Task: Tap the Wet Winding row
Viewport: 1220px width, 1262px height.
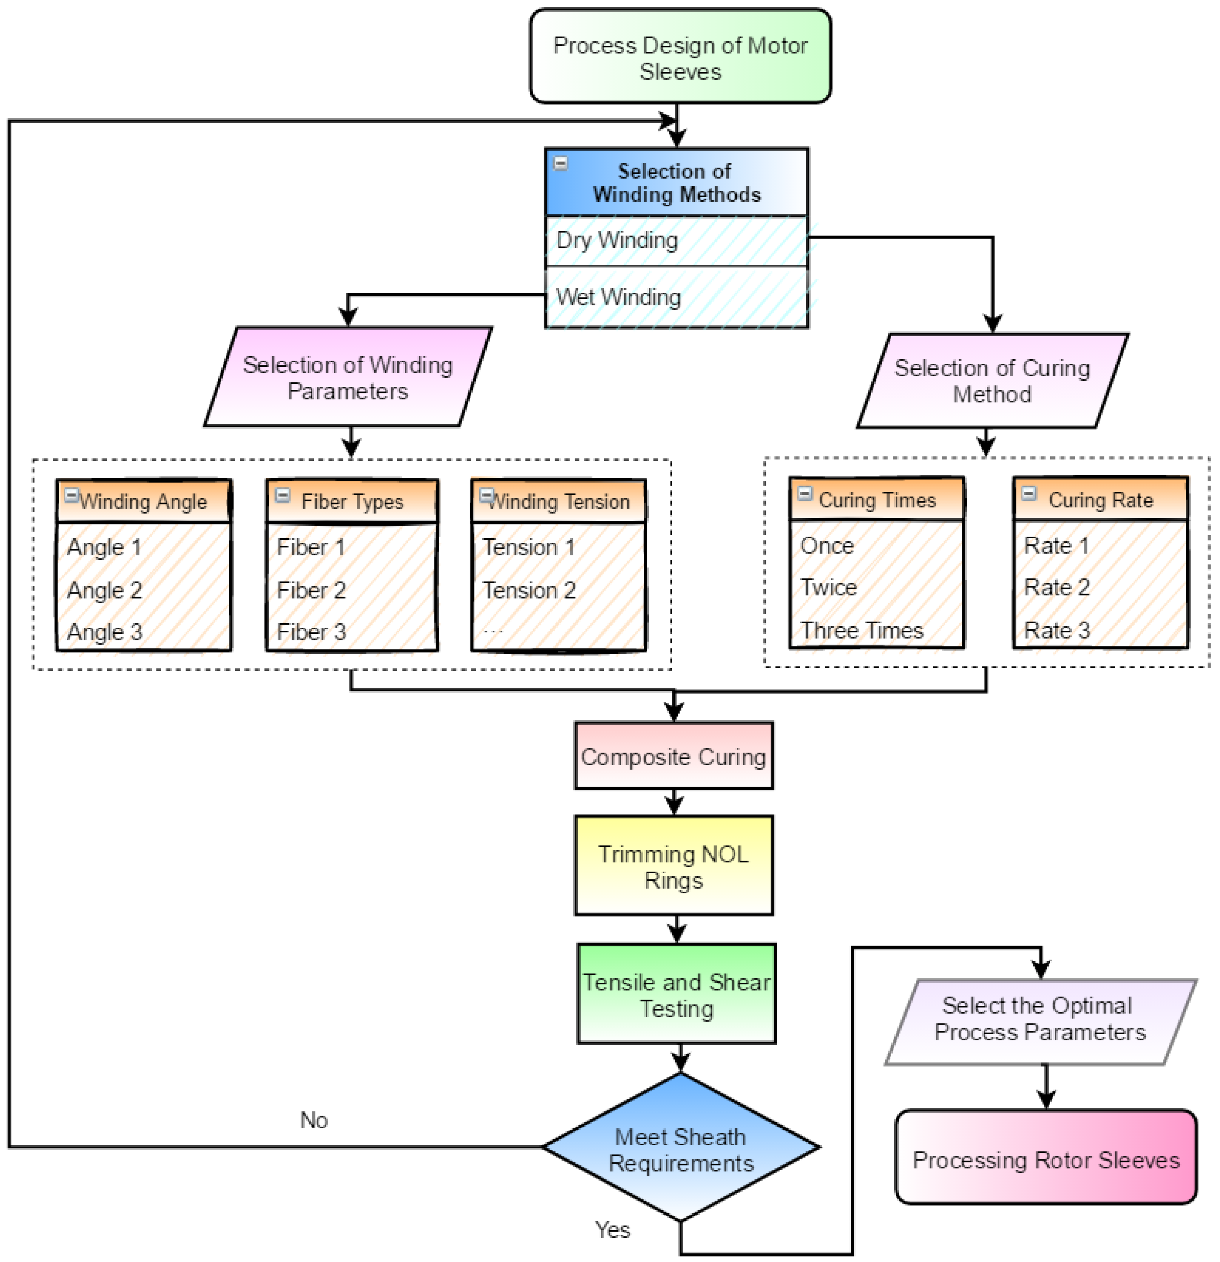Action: click(676, 297)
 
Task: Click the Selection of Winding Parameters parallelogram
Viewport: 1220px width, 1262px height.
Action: click(348, 378)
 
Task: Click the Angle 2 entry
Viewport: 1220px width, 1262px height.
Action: click(104, 590)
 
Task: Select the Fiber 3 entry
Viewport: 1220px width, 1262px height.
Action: click(312, 632)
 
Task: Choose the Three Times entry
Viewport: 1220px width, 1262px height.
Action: click(861, 630)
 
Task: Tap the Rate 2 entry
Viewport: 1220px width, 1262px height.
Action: click(1056, 587)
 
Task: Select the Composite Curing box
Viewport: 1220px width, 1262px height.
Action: click(673, 756)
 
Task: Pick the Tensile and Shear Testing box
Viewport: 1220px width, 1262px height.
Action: click(676, 995)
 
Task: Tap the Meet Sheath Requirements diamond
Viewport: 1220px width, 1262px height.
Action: click(681, 1149)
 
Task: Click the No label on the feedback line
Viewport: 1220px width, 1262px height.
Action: click(313, 1120)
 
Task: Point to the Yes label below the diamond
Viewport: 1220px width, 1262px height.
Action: click(612, 1230)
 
